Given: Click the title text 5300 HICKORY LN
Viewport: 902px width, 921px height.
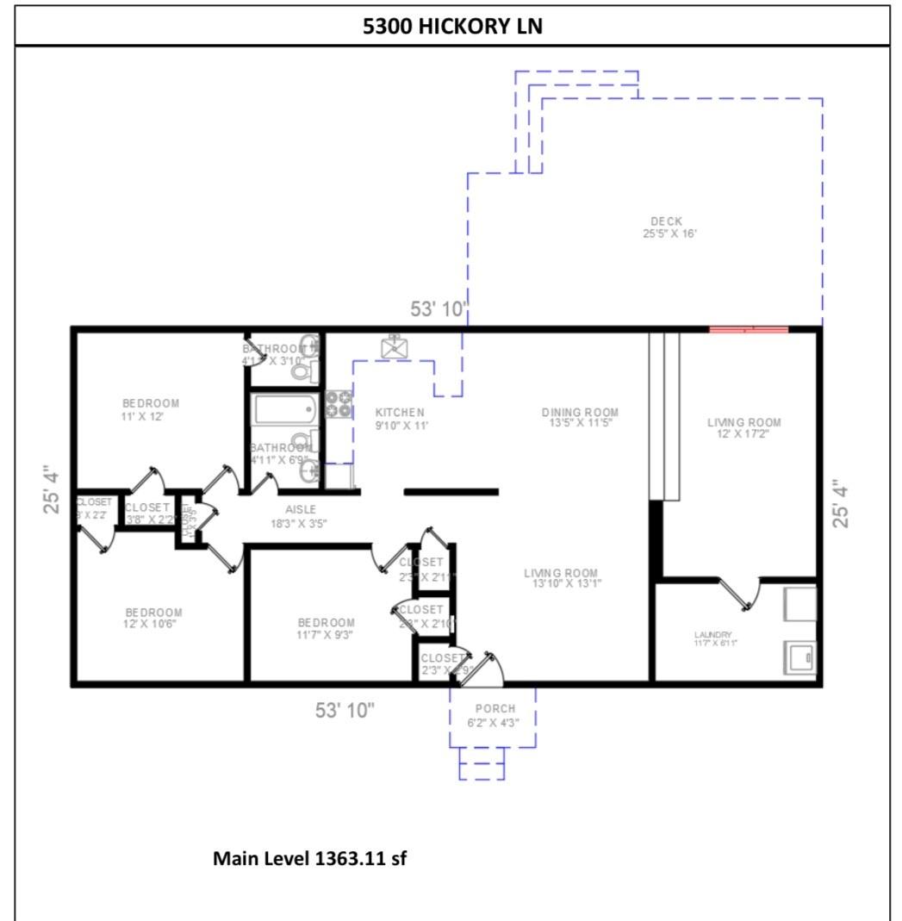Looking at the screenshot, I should tap(451, 27).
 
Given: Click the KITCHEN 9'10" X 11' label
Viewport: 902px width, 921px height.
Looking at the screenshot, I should tap(401, 419).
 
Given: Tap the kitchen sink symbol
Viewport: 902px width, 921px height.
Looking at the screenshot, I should tap(395, 347).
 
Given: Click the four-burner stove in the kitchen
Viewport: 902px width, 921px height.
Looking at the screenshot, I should tap(339, 404).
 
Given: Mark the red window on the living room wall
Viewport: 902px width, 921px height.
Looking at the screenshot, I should tap(748, 329).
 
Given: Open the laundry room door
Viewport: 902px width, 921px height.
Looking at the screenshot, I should tap(740, 594).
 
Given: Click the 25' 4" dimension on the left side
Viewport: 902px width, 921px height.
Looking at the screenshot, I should tap(53, 489).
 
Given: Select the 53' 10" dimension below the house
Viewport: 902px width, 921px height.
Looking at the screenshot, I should tap(345, 711).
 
